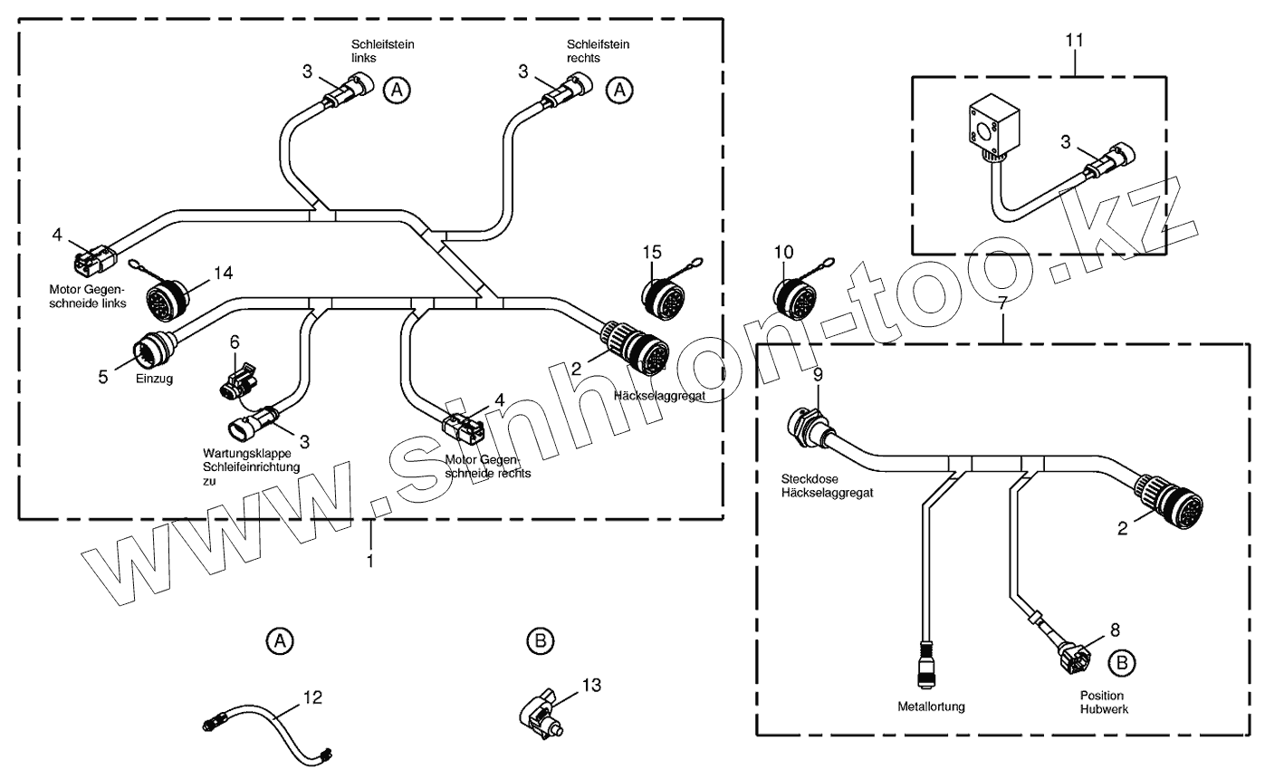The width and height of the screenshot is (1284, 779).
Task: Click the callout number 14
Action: (x=223, y=272)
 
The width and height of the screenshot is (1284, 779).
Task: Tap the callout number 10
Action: (x=783, y=251)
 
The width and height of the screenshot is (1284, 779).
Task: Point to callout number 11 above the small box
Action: (x=1074, y=41)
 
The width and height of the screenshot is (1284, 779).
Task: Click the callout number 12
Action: (x=312, y=697)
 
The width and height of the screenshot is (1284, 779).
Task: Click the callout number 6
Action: (x=235, y=341)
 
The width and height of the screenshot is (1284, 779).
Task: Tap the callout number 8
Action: (x=1115, y=627)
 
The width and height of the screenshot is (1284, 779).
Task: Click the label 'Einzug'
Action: (x=155, y=380)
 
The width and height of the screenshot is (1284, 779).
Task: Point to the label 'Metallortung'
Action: (x=931, y=706)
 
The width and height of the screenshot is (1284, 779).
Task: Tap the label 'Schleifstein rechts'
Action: (x=598, y=51)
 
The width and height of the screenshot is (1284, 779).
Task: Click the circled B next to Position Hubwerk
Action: (x=1122, y=662)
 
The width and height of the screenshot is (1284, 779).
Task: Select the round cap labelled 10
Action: (x=796, y=296)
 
